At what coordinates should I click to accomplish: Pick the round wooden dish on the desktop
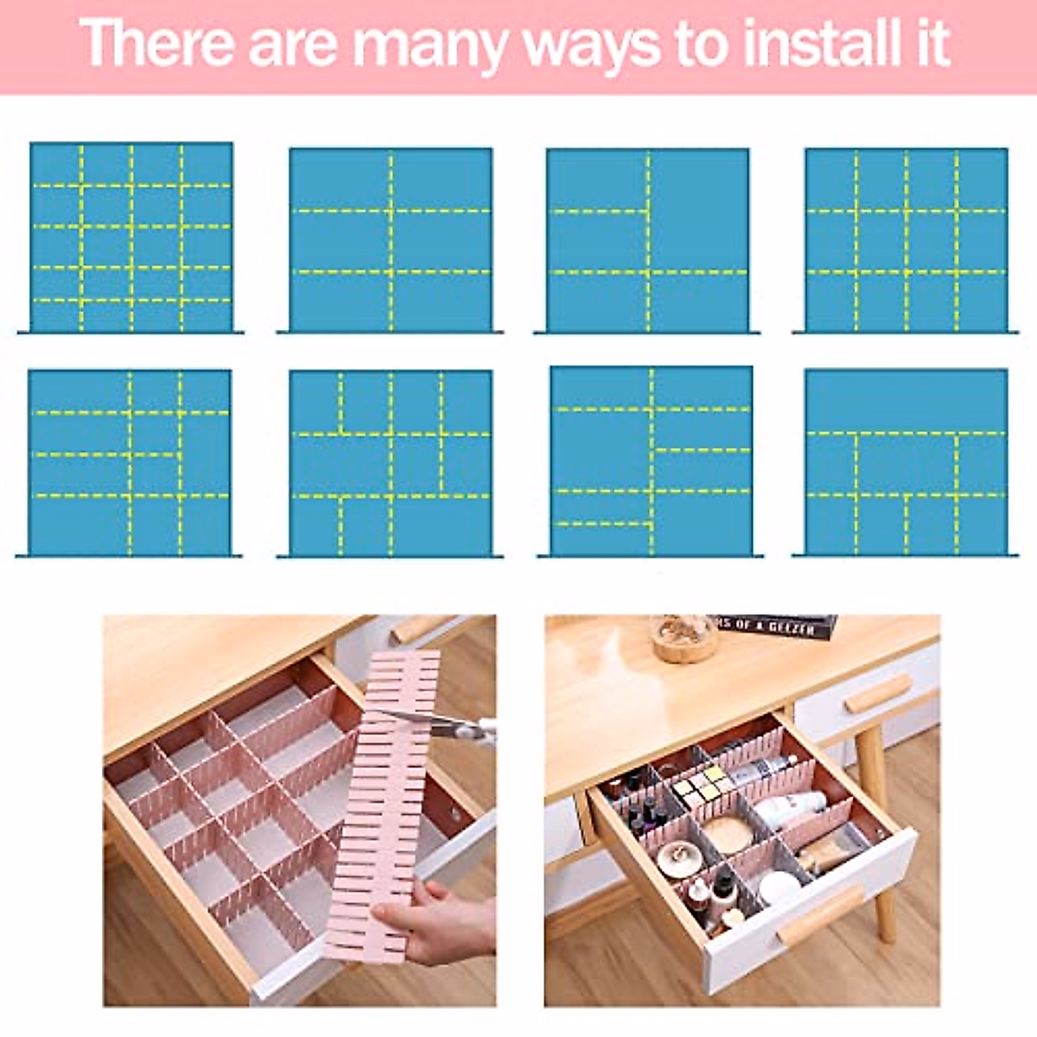[x=684, y=639]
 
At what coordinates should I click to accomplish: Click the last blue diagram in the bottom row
[x=906, y=462]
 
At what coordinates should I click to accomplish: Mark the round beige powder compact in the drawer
[x=728, y=833]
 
